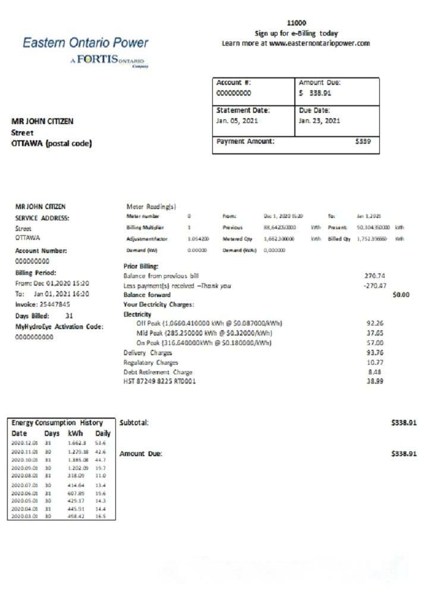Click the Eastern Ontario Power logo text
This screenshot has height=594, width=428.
click(85, 43)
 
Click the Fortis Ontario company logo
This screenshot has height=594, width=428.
click(111, 62)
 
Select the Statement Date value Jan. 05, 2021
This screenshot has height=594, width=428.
click(237, 121)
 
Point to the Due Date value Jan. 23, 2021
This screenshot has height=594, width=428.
click(319, 121)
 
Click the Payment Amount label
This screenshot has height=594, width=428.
click(246, 141)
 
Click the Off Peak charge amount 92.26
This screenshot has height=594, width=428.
click(375, 323)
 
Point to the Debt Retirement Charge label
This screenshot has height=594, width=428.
click(154, 372)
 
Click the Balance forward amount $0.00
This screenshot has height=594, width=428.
click(401, 295)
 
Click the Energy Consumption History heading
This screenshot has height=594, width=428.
click(57, 423)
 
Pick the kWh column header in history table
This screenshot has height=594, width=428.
click(75, 434)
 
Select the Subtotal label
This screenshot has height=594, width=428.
click(134, 422)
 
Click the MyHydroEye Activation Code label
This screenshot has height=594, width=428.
click(59, 327)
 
